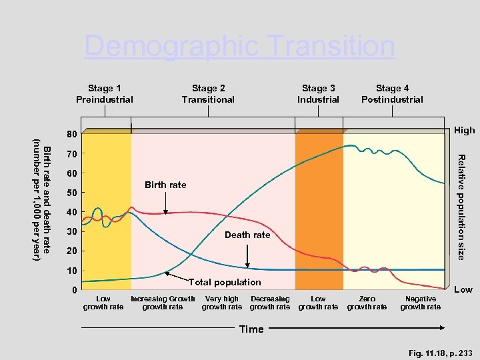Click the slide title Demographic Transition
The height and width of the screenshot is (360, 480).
coord(239,47)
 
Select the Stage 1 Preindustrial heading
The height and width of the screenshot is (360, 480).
coord(105,94)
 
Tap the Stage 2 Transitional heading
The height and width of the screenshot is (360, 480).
coord(208,94)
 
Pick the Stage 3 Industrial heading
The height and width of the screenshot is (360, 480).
coord(318,94)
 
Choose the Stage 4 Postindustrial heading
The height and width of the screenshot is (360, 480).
coord(392,94)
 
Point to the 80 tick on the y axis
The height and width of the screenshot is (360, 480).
coord(71,135)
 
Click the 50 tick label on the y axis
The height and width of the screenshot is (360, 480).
coord(71,193)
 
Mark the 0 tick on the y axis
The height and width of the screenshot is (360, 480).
coord(74,290)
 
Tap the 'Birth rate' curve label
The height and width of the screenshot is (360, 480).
coord(165,185)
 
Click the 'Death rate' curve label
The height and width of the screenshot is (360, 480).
coord(247,235)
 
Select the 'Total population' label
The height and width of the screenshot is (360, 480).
coord(225,283)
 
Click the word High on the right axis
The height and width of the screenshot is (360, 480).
coord(464,130)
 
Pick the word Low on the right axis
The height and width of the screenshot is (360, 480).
coord(463,289)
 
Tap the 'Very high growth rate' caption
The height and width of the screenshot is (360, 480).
coord(222,303)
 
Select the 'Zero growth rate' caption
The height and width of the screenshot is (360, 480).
coord(367,303)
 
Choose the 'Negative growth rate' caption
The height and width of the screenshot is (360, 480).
coord(420,303)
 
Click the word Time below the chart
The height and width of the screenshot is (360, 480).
coord(251,329)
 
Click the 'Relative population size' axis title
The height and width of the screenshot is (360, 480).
coord(461,207)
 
